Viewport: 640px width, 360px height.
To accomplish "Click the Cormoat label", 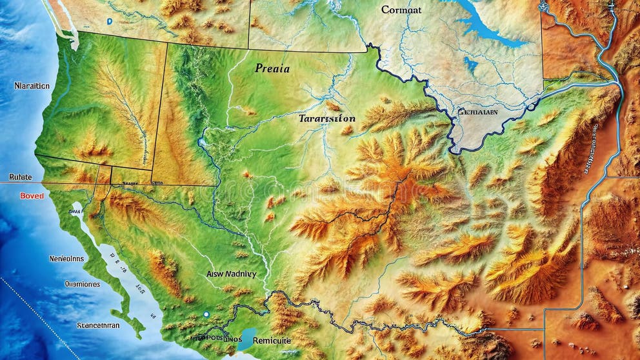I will pos(401,10).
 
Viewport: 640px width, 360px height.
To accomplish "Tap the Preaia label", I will pos(272,68).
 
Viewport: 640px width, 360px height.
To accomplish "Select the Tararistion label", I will pos(327,119).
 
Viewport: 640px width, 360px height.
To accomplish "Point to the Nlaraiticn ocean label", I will pos(32,86).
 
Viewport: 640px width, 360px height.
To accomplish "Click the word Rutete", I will pos(20,177).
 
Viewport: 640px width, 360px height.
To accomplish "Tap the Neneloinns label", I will pos(66,259).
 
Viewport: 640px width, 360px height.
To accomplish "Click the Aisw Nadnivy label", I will pos(231,274).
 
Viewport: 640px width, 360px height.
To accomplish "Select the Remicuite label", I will pos(272,340).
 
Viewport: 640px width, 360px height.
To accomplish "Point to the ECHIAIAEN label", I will pos(477,112).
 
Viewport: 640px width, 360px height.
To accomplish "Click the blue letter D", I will pos(110,21).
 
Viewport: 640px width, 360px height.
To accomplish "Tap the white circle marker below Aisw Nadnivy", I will pos(206,314).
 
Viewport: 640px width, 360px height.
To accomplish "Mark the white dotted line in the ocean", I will pos(39,316).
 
